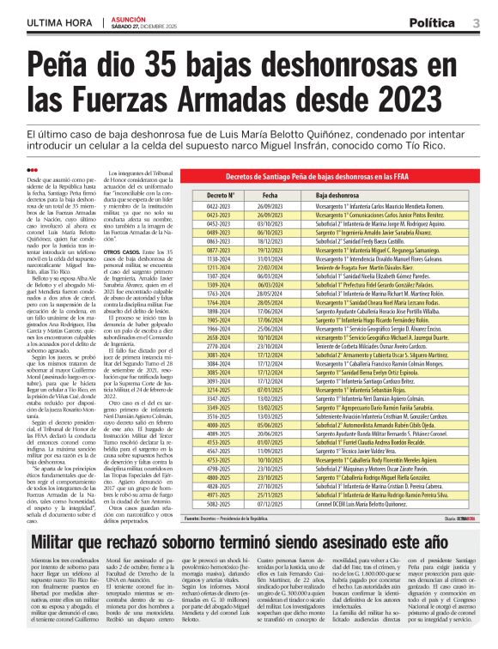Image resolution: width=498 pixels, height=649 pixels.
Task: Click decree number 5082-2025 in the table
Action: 219,504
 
